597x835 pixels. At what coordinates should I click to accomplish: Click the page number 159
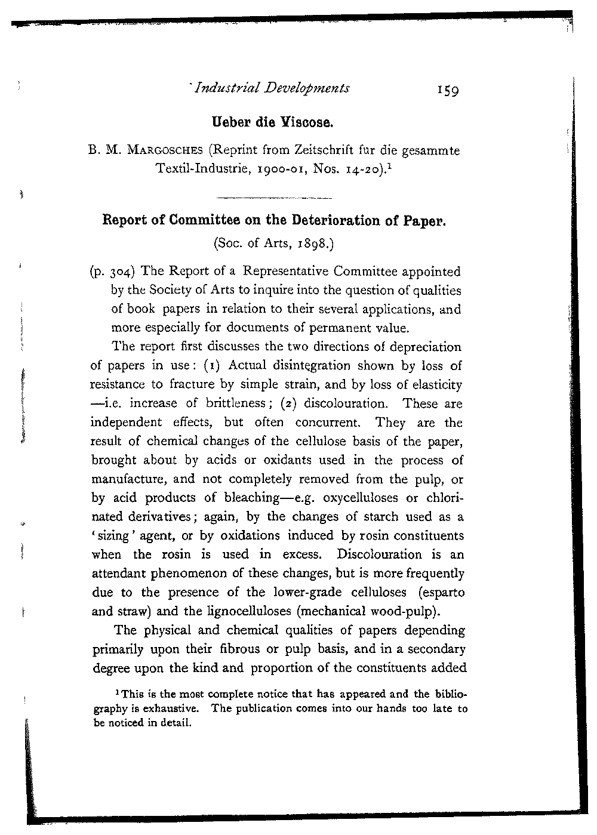[447, 91]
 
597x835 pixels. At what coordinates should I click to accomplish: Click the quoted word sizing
[112, 536]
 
